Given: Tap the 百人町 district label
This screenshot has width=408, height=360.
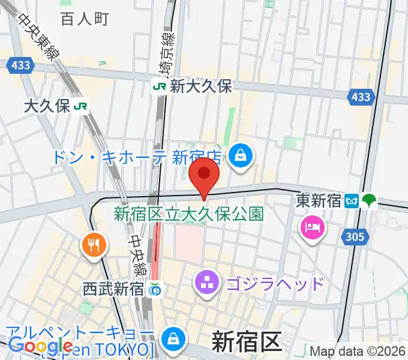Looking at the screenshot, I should point(84,19).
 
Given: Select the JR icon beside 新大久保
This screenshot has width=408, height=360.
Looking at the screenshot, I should point(160,86).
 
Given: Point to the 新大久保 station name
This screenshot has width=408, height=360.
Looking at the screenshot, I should point(200,86).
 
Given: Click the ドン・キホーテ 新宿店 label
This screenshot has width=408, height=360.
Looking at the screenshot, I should point(138,158).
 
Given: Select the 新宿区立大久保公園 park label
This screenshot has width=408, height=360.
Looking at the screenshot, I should point(188,214).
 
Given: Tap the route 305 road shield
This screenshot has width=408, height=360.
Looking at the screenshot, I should point(355,238).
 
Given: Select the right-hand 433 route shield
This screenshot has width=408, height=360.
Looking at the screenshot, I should point(361,97).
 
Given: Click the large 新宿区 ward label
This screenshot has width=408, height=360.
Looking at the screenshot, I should point(246,342).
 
